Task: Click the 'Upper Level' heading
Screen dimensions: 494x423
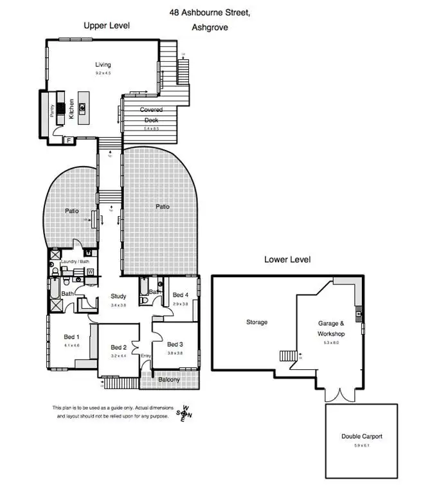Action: click(x=107, y=26)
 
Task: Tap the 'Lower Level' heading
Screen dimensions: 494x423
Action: click(x=287, y=260)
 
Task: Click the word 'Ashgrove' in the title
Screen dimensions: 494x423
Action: click(x=210, y=28)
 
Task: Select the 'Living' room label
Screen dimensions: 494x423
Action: click(x=103, y=65)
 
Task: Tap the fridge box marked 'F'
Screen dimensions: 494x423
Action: click(x=68, y=140)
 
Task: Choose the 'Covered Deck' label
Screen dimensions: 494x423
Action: click(x=152, y=115)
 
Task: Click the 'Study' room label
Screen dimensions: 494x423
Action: click(x=118, y=297)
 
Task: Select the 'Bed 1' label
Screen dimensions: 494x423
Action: click(x=71, y=337)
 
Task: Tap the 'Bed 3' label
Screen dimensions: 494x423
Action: click(x=175, y=344)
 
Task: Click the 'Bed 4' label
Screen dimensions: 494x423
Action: click(x=181, y=295)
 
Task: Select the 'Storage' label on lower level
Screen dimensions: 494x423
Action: click(x=256, y=322)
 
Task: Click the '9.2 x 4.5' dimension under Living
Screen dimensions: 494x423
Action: click(x=103, y=73)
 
